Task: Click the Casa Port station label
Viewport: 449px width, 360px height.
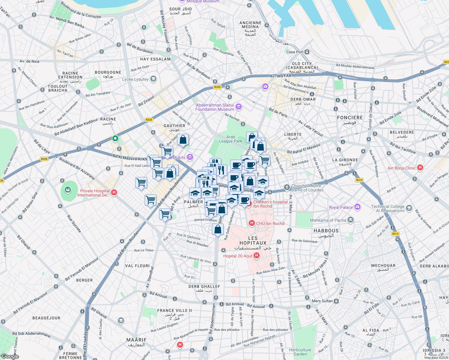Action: point(295,52)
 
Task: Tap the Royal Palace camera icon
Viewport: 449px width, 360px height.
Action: point(357,207)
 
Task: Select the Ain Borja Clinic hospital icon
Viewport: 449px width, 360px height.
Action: point(420,168)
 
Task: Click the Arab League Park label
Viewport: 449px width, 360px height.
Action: point(231,139)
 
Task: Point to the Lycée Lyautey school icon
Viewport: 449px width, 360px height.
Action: point(153,79)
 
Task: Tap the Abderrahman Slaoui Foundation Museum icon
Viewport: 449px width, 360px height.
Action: point(239,106)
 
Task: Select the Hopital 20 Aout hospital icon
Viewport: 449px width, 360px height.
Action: point(257,256)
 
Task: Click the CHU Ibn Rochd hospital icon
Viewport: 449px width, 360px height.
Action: point(252,223)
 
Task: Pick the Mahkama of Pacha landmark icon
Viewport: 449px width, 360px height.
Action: point(351,220)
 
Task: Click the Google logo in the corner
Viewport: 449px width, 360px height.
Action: point(10,356)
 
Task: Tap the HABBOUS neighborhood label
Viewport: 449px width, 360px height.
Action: point(326,231)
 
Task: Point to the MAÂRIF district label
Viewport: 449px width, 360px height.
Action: point(137,340)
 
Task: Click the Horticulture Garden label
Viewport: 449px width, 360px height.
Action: point(300,352)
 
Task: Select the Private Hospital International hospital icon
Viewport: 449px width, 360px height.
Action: point(114,193)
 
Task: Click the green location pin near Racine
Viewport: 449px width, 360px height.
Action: point(115,138)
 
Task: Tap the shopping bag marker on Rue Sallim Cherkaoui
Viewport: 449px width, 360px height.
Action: point(218,230)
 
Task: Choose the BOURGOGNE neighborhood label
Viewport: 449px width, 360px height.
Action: point(108,72)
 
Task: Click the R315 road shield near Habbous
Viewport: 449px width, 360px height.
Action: point(395,234)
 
